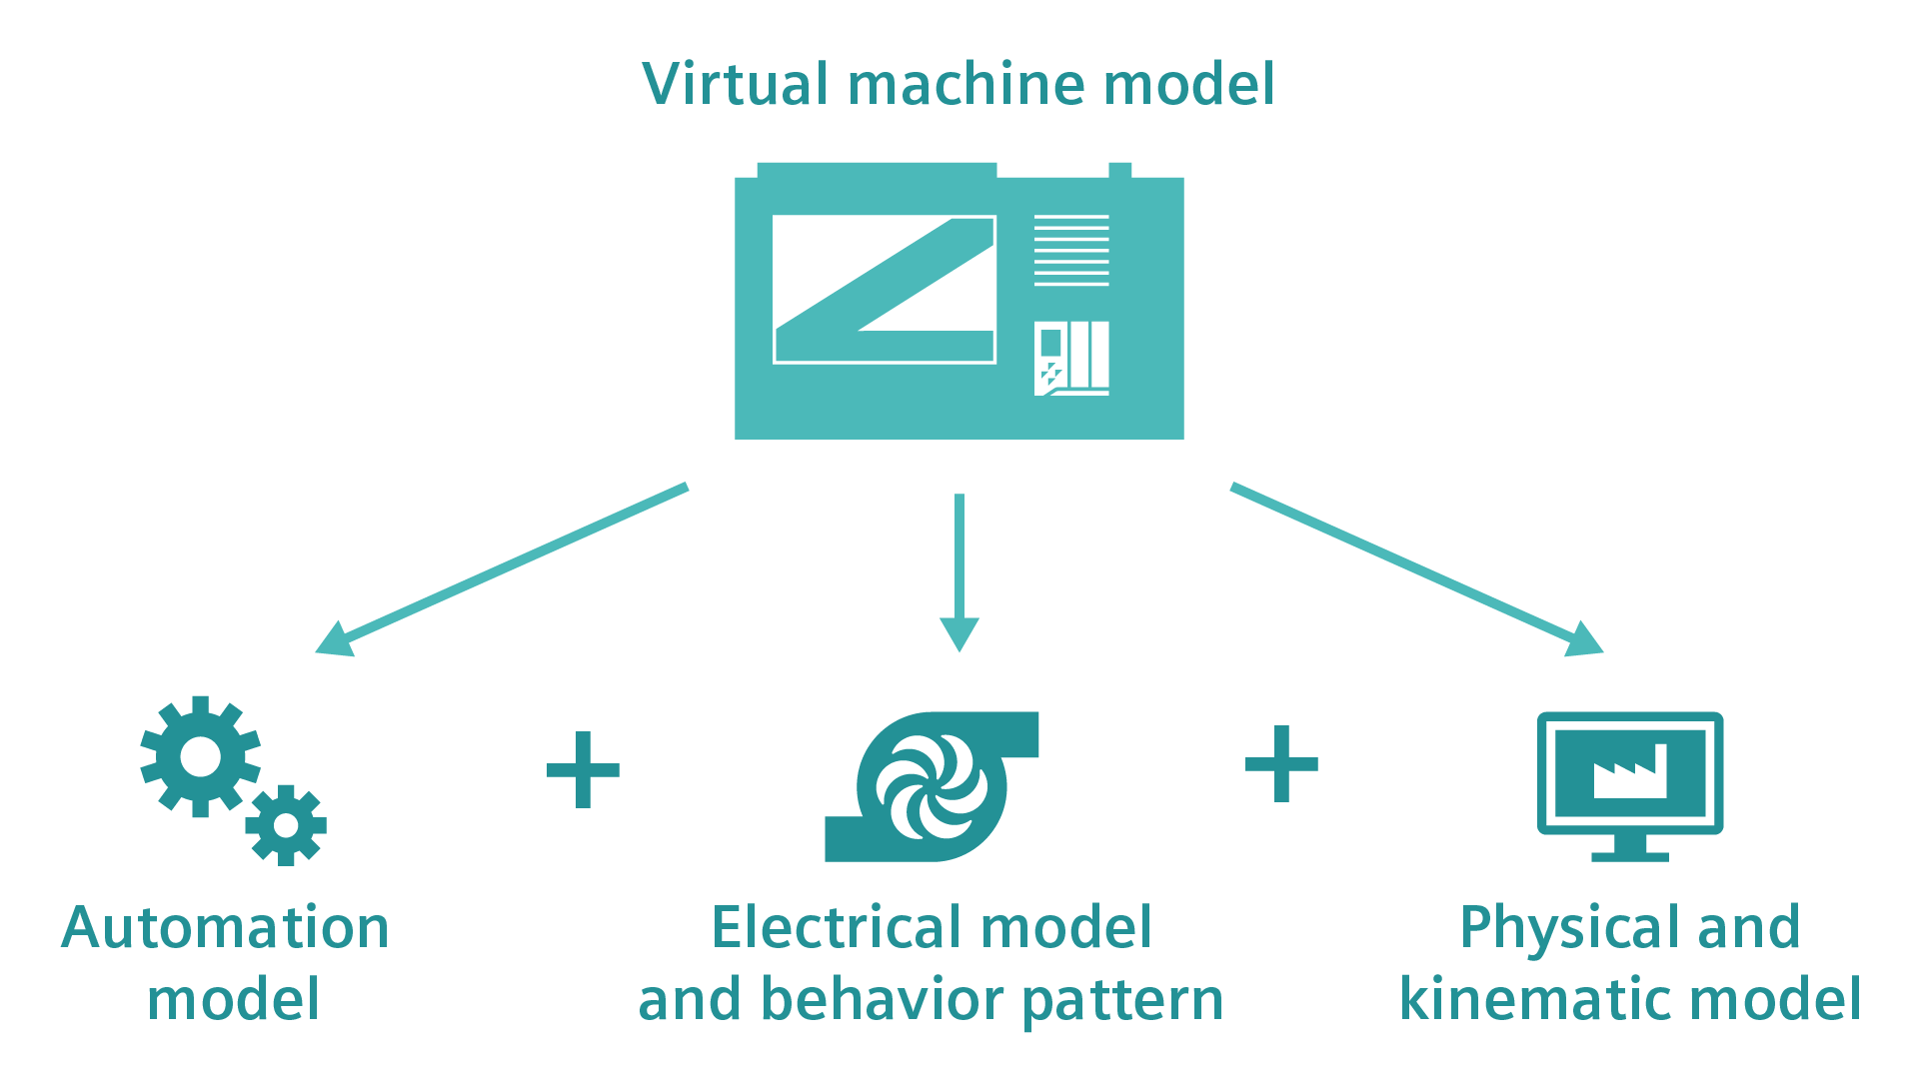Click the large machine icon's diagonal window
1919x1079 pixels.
[884, 290]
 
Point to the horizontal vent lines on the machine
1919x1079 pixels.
[1070, 250]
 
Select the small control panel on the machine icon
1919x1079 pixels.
[1070, 358]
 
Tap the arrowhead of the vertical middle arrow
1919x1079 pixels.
[959, 633]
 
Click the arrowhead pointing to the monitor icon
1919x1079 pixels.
[1584, 639]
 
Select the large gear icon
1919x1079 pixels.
[200, 756]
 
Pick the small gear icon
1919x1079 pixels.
[286, 825]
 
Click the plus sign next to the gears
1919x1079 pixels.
[583, 769]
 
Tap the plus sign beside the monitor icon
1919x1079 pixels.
[1281, 764]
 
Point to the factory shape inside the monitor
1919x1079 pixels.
[1630, 773]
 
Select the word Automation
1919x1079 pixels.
[225, 928]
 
